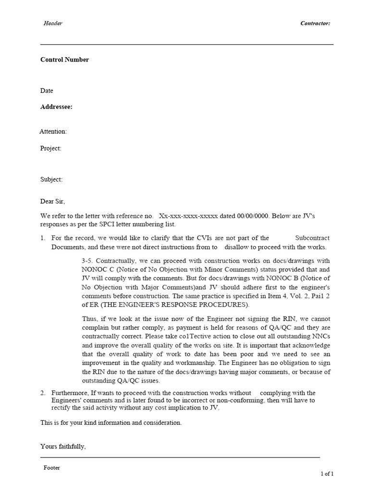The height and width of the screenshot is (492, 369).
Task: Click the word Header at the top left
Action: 53,23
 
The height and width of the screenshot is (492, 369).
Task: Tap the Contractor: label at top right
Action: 315,23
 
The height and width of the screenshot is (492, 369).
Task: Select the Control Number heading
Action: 64,60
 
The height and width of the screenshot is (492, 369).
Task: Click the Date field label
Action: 47,91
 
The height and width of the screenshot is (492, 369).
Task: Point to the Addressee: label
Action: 56,107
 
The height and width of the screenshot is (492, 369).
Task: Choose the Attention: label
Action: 53,132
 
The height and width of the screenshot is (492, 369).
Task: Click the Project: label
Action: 51,148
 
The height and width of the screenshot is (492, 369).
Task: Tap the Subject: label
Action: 51,180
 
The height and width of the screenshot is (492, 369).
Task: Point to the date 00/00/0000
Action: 254,216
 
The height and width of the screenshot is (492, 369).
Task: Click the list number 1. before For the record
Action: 43,238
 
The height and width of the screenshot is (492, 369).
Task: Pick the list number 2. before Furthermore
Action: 43,393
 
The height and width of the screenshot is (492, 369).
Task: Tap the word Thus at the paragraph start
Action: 90,320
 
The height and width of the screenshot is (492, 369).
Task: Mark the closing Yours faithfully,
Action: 63,447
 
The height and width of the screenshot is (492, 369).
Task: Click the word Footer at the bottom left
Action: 52,468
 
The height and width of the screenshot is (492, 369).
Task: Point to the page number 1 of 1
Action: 327,474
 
